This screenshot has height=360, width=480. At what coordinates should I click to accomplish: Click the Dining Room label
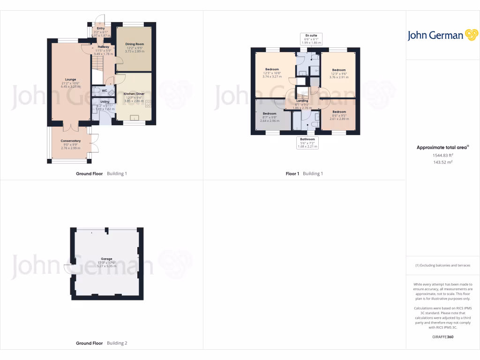point(135,44)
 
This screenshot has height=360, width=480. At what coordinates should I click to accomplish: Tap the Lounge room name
point(70,79)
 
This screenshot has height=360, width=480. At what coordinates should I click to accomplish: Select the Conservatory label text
point(70,141)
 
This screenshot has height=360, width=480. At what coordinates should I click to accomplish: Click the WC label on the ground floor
point(104,90)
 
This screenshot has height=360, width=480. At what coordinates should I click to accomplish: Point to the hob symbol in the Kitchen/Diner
point(149,104)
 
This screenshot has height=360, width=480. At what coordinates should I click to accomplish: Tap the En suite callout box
point(310,38)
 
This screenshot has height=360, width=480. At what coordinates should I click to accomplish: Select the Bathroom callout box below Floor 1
point(307,142)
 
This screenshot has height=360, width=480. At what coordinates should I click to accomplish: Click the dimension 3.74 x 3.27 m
point(272,77)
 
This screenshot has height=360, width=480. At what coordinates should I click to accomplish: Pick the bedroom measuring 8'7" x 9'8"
point(270,117)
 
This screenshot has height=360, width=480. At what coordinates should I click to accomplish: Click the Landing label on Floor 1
point(302,101)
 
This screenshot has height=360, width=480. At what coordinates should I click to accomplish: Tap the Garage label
point(106,259)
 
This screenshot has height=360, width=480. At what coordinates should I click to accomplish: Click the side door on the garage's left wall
point(67,269)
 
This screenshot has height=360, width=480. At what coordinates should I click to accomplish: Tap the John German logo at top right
point(442,35)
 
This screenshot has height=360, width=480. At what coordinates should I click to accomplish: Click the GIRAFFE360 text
point(442,337)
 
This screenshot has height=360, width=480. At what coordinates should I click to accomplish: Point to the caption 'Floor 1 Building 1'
point(304,173)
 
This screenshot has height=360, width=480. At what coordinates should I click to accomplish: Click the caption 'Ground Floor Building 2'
point(102,343)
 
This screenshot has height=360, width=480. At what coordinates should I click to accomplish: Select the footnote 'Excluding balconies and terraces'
point(442,265)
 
